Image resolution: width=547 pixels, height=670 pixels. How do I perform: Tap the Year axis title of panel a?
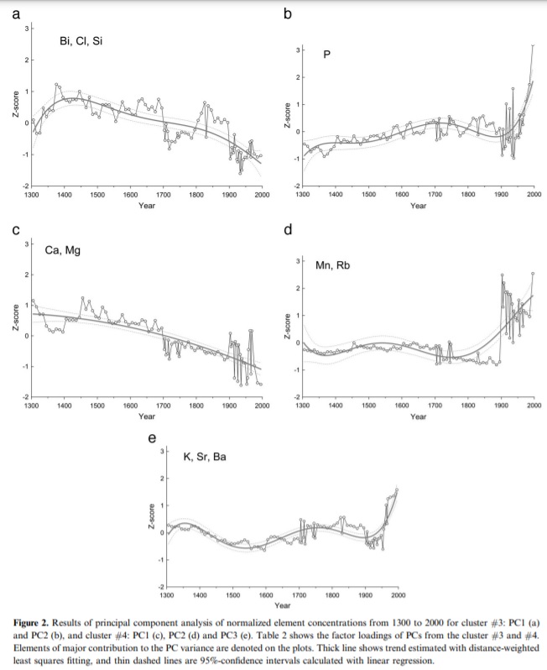146,206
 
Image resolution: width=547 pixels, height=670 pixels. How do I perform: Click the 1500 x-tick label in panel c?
97,405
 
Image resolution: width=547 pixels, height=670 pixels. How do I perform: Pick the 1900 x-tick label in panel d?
501,405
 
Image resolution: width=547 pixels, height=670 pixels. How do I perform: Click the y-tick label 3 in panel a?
25,29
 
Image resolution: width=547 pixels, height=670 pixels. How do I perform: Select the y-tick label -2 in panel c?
23,395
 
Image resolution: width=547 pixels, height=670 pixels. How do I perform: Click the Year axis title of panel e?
282,605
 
